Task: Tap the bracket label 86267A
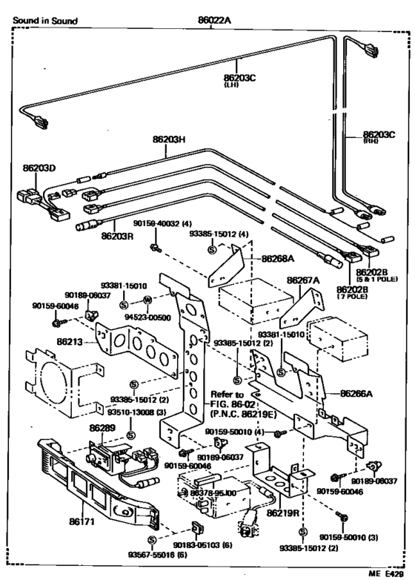(x=303, y=281)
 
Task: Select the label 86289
(x=101, y=429)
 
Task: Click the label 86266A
(x=356, y=395)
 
